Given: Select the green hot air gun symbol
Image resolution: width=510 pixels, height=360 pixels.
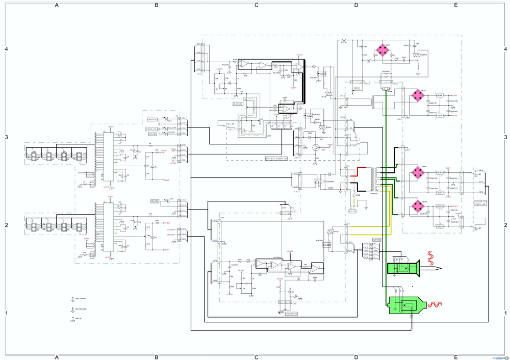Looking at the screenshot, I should tap(406, 304).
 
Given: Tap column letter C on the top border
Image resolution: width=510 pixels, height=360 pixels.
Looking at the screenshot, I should tap(257, 5).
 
